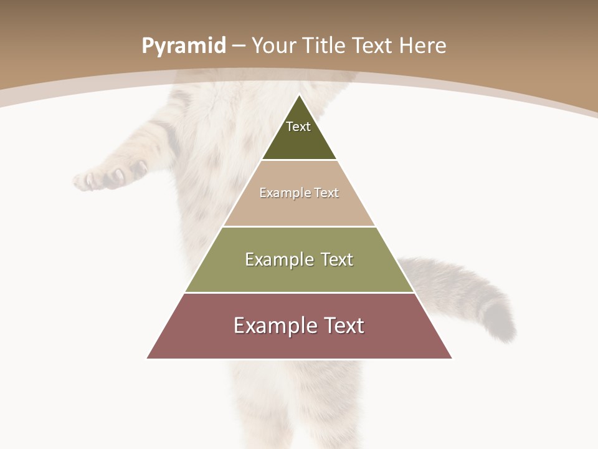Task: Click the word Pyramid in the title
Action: [183, 46]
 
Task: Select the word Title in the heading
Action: [325, 46]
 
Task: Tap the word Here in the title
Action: [423, 46]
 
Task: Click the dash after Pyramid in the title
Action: [239, 46]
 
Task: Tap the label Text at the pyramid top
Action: [298, 127]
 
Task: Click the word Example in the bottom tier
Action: [273, 326]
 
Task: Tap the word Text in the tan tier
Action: [326, 193]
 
